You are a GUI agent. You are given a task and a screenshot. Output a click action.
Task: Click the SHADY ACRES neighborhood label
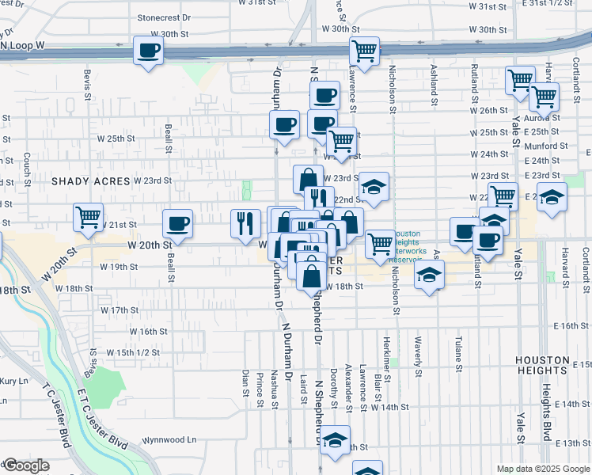[x=90, y=181]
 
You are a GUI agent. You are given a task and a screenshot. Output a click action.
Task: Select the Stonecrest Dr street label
[x=164, y=17]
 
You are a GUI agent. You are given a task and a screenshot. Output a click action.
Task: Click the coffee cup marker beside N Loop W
[x=148, y=52]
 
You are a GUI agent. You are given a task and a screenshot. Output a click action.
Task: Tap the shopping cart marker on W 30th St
[x=364, y=52]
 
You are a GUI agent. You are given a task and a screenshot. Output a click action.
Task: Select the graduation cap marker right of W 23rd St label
[x=374, y=188]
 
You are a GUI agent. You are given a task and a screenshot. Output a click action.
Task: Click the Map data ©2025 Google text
[x=543, y=469]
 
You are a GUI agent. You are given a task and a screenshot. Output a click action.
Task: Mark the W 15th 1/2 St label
[x=133, y=352]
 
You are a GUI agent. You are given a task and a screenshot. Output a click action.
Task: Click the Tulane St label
[x=458, y=353]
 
